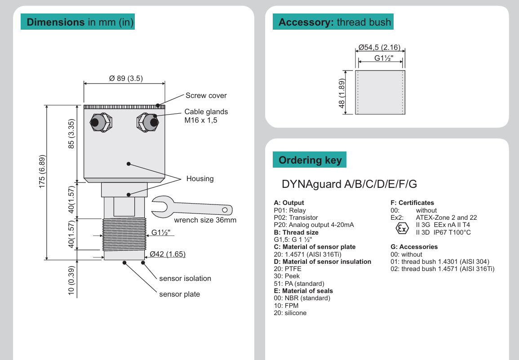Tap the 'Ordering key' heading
pyautogui.click(x=310, y=160)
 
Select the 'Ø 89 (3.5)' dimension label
pyautogui.click(x=126, y=78)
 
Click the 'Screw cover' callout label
pyautogui.click(x=206, y=96)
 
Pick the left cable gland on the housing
pyautogui.click(x=97, y=122)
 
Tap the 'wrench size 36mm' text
pyautogui.click(x=205, y=220)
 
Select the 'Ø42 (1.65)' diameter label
pyautogui.click(x=168, y=254)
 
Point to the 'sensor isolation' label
pyautogui.click(x=185, y=279)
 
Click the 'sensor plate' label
pyautogui.click(x=180, y=294)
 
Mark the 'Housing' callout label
pyautogui.click(x=200, y=179)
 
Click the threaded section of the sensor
pyautogui.click(x=124, y=234)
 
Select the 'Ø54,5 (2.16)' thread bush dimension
pyautogui.click(x=379, y=48)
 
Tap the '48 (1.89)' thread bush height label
pyautogui.click(x=342, y=94)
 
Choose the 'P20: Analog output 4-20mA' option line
pyautogui.click(x=314, y=225)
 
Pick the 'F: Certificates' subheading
pyautogui.click(x=413, y=203)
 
